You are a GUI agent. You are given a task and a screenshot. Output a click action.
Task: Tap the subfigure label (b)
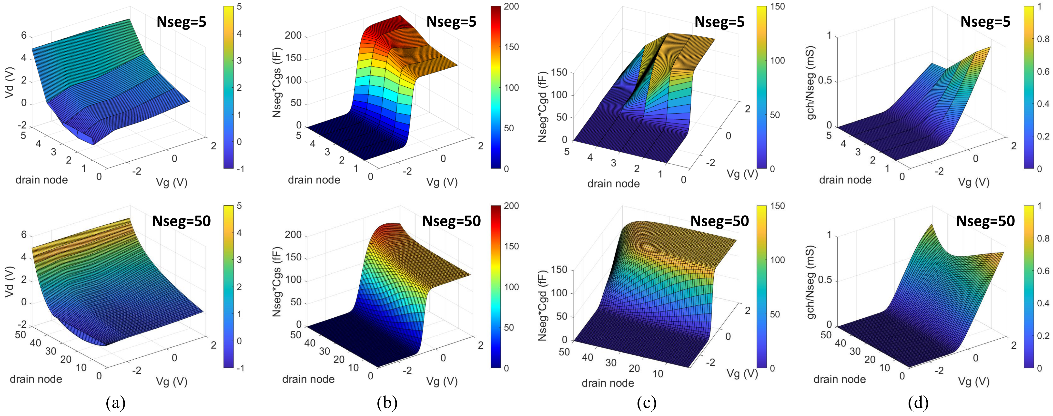(x=387, y=403)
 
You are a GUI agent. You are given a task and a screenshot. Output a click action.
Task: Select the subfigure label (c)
(x=647, y=403)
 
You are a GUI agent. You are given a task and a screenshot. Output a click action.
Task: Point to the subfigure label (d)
(x=918, y=403)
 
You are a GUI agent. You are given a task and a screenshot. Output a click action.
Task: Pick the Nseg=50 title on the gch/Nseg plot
(x=985, y=221)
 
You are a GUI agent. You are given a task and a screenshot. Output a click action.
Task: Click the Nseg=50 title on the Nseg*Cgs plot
(x=451, y=221)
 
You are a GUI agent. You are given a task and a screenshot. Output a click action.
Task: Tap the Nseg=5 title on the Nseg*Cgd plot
(x=719, y=22)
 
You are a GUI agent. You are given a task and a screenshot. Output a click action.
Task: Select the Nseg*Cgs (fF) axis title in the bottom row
(x=277, y=281)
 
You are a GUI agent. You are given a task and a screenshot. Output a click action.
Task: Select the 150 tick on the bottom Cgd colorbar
(x=778, y=206)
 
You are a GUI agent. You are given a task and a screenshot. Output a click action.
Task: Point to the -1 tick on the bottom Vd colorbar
(x=240, y=368)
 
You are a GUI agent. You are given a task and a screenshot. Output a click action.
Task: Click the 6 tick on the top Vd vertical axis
(x=24, y=36)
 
